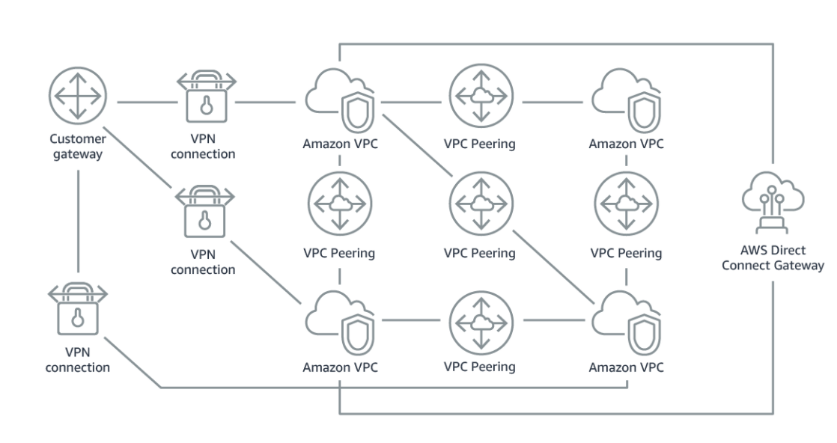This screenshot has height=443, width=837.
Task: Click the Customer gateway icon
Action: (x=78, y=95)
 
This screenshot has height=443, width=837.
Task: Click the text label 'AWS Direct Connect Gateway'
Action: (x=773, y=258)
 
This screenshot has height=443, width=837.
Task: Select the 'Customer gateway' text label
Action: (x=78, y=146)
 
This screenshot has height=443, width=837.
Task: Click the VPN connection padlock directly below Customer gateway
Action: (x=78, y=311)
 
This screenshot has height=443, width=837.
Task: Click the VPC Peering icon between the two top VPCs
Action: (x=481, y=96)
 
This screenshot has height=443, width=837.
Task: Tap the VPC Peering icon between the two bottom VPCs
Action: (x=481, y=320)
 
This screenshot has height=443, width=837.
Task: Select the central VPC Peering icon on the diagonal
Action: (x=481, y=204)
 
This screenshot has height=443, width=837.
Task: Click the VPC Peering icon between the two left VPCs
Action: (x=340, y=204)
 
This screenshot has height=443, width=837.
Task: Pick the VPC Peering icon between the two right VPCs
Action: (x=626, y=204)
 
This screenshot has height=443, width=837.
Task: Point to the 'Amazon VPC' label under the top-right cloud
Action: (x=626, y=144)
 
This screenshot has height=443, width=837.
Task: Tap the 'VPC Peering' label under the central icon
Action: (x=479, y=253)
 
